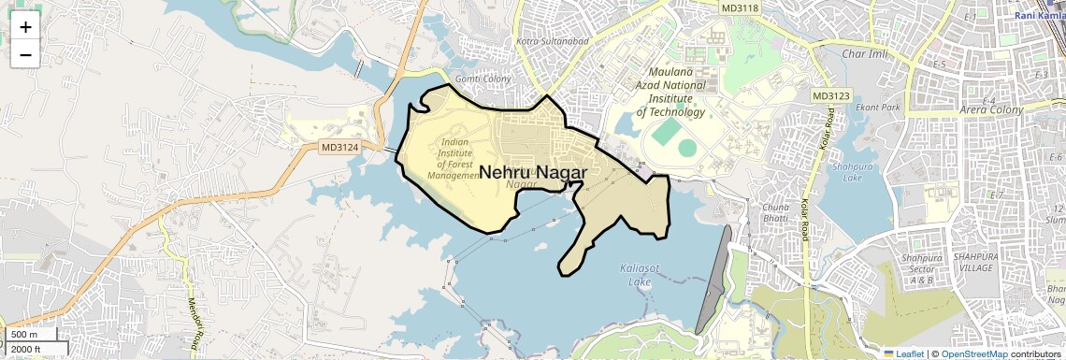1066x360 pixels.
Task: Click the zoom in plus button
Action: tap(25, 26)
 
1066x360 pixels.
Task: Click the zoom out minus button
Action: tap(25, 54)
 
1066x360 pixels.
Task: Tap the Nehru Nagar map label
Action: tap(533, 173)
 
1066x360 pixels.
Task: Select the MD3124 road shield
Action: tap(339, 147)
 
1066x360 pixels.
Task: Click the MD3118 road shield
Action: tap(741, 7)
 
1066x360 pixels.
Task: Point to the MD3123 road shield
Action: tap(830, 95)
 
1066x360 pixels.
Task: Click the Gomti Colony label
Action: tap(483, 79)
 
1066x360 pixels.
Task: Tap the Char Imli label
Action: tap(862, 54)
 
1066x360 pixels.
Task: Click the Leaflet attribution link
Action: tap(903, 353)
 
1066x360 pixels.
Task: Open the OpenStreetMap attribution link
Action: tap(974, 353)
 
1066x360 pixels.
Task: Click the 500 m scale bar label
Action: tap(24, 335)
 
